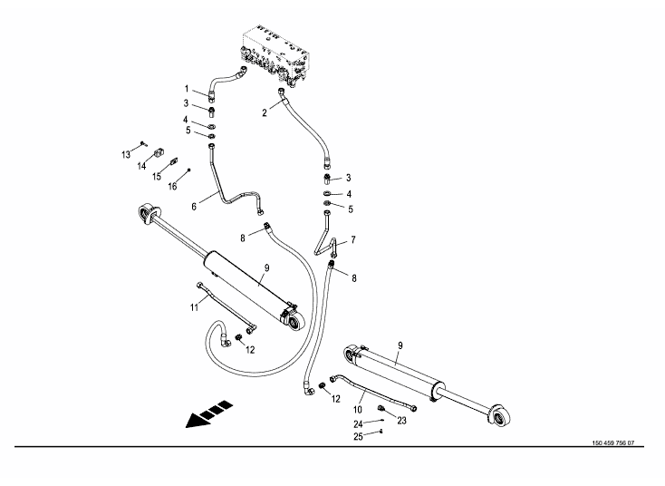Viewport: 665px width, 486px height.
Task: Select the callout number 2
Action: click(x=264, y=112)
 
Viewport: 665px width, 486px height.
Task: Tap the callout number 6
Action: click(x=193, y=206)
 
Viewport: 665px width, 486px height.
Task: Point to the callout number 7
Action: click(x=353, y=240)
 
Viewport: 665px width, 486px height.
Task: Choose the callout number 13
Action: click(x=126, y=156)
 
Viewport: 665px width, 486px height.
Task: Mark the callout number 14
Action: click(x=142, y=166)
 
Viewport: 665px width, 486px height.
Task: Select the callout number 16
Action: click(x=171, y=186)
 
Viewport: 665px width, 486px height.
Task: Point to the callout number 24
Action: click(x=358, y=423)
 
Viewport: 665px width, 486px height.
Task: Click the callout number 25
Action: click(x=358, y=437)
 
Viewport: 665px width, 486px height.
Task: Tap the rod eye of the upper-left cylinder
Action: click(x=144, y=212)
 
